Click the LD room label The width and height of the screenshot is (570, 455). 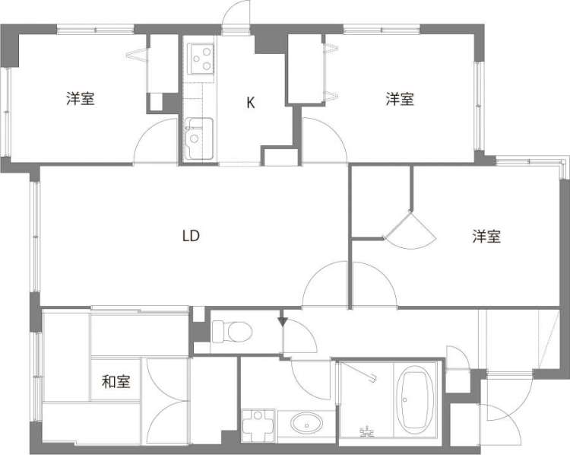[191, 236]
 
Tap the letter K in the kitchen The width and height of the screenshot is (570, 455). [251, 103]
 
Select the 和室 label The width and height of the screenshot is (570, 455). [116, 381]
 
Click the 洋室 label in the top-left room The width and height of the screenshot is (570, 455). [81, 99]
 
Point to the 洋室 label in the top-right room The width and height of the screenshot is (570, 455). [400, 99]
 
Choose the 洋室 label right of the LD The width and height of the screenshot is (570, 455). [486, 236]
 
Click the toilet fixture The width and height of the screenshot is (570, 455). [232, 331]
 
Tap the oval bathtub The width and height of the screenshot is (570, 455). [415, 399]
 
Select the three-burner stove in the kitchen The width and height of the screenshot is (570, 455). [200, 59]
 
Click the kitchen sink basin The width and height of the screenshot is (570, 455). [198, 138]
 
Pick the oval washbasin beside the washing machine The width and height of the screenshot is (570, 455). [306, 425]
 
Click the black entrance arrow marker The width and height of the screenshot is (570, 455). [283, 322]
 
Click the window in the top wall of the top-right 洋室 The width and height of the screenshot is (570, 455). [382, 29]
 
